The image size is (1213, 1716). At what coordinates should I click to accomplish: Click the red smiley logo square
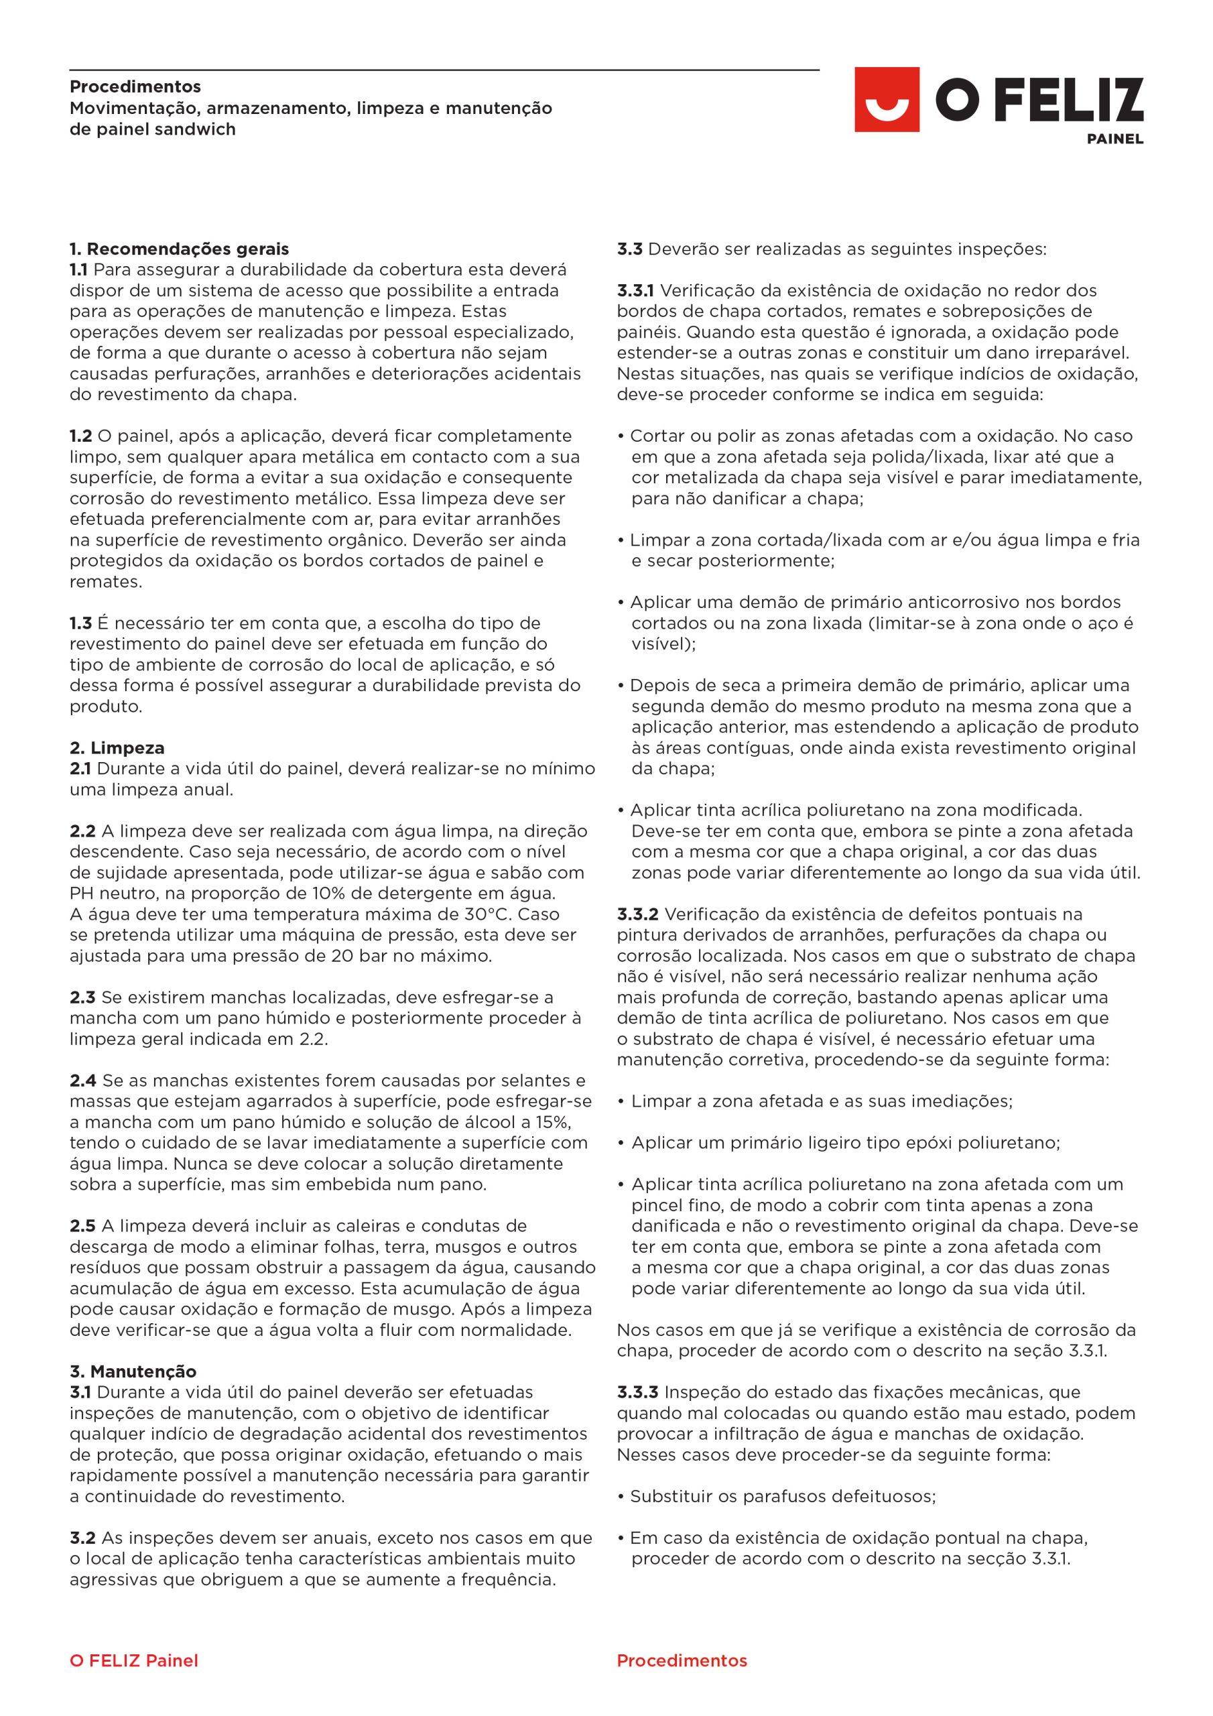[887, 99]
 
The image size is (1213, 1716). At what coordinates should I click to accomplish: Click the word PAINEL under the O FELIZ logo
[1114, 139]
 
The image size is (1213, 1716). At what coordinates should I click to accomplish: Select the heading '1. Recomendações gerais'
[180, 249]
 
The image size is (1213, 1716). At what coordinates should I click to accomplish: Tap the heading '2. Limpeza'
[117, 747]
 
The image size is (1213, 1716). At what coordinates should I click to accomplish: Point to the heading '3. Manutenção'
[133, 1371]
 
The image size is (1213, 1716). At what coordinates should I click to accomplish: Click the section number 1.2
[80, 436]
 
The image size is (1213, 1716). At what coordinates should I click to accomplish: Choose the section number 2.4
[83, 1080]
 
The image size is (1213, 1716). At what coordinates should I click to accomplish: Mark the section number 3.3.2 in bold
[637, 914]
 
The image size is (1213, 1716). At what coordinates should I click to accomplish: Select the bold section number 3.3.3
[637, 1392]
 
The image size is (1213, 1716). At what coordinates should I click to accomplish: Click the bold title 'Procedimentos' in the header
[135, 86]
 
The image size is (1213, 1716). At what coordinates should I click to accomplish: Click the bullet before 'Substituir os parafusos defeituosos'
[621, 1496]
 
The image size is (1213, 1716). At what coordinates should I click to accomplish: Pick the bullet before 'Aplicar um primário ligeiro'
[621, 1143]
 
